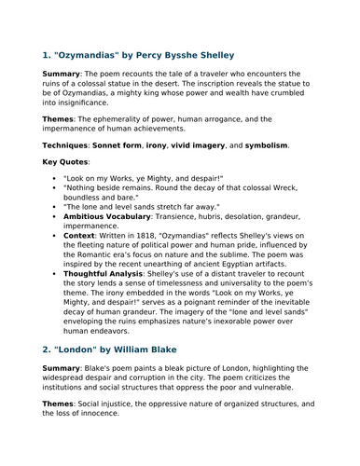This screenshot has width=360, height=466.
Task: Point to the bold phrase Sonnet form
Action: (x=139, y=145)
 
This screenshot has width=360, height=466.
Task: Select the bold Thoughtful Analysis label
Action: (x=110, y=287)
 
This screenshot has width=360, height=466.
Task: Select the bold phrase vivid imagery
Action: (x=210, y=145)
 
